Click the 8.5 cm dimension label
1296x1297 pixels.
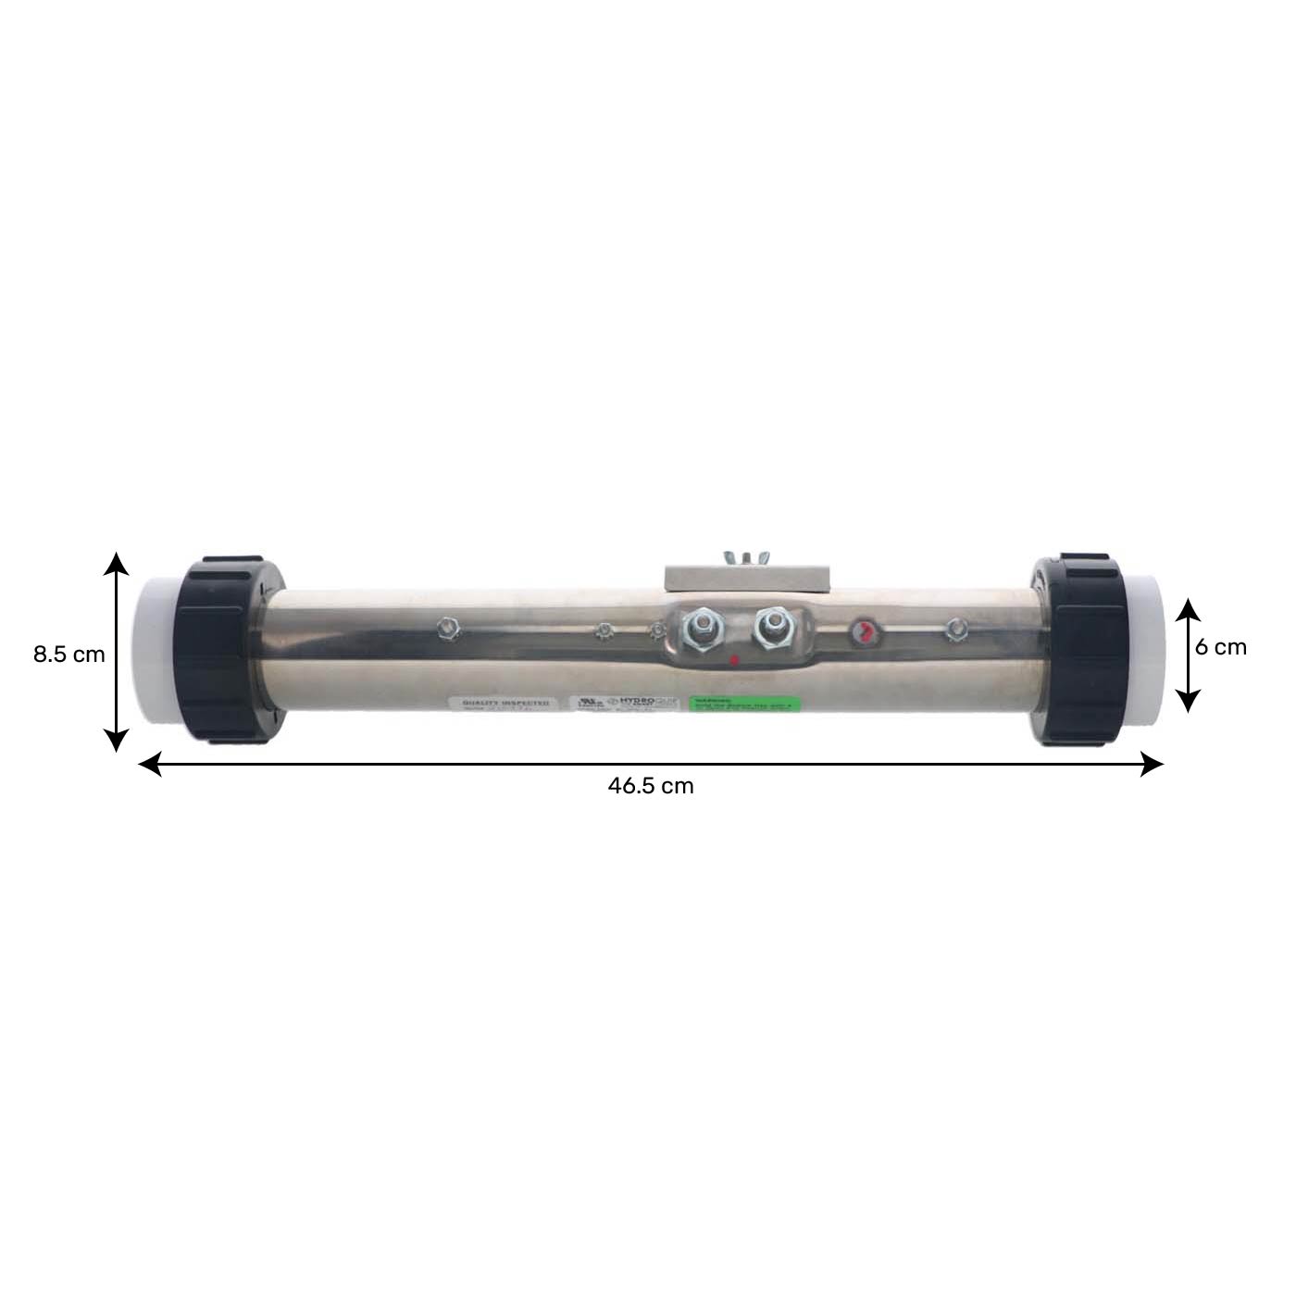69,655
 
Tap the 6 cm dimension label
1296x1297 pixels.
1220,647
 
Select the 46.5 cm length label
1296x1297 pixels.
650,786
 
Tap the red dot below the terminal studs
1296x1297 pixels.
734,660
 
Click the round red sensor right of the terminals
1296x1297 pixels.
864,633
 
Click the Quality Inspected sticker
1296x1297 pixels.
505,705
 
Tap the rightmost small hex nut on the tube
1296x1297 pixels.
953,631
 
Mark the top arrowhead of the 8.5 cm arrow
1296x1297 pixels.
116,561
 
